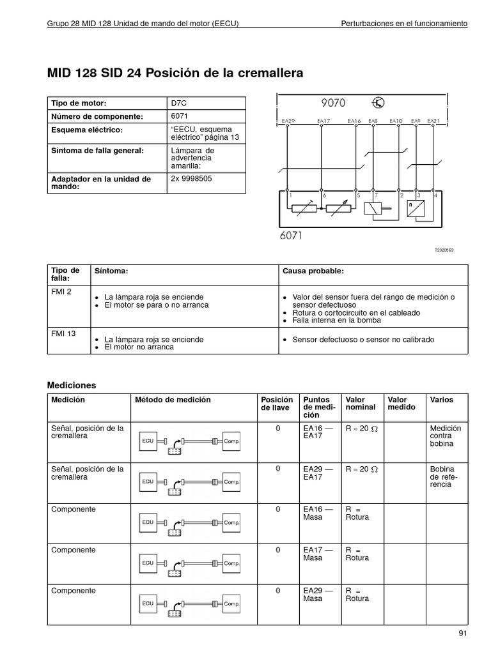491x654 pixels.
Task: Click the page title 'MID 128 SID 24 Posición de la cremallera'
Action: pos(175,73)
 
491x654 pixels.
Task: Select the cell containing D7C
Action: pos(180,103)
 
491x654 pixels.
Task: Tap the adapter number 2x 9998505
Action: pos(191,179)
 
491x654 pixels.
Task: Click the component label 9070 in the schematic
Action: pos(333,102)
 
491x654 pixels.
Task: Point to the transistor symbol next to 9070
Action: pos(379,102)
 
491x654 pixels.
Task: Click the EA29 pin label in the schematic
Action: pos(288,120)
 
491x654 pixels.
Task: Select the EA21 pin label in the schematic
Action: pos(433,120)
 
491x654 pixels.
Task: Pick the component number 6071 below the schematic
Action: pos(291,235)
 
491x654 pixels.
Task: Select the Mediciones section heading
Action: pos(72,385)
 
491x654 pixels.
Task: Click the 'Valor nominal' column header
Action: pos(361,404)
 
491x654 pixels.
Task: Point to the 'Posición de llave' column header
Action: pos(277,404)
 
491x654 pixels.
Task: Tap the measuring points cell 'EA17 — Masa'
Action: pos(318,554)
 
